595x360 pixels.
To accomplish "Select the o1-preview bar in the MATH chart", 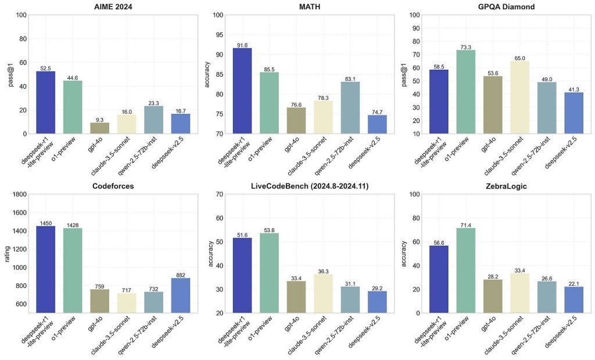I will [269, 103].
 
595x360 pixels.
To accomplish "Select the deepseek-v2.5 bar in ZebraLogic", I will [574, 300].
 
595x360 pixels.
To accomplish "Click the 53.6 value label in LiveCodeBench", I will [269, 229].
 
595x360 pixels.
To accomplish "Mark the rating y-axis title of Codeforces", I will [8, 254].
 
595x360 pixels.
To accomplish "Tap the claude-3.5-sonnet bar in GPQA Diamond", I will [520, 97].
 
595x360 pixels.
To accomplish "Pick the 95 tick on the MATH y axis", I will [218, 35].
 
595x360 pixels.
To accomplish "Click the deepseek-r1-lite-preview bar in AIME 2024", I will [45, 102].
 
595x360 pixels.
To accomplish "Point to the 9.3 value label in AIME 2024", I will [99, 119].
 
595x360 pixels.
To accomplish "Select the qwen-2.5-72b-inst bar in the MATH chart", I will [350, 107].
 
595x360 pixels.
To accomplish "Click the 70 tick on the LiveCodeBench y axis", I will [218, 195].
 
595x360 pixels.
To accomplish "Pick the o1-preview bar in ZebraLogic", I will [465, 270].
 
